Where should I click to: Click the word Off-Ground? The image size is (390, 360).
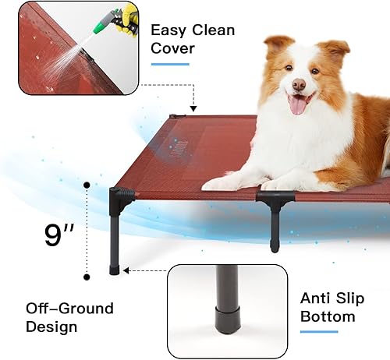coord(69,309)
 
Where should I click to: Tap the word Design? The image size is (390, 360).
coord(51,327)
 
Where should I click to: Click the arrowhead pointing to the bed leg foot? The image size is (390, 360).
coord(126,271)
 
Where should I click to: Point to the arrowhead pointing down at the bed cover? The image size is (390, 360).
coord(192,107)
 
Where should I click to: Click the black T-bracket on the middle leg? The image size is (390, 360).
coord(273,202)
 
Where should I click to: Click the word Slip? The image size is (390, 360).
coord(357,298)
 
